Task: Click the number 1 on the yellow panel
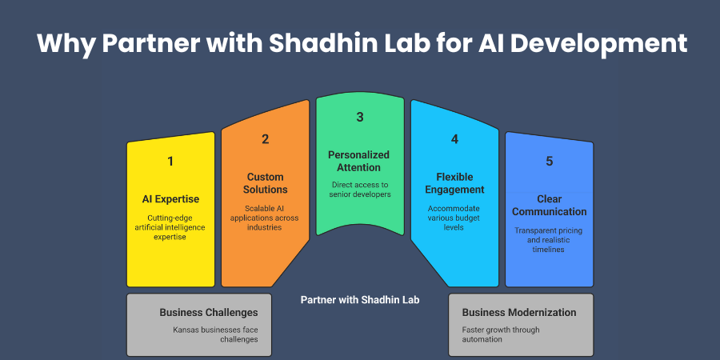[x=170, y=161]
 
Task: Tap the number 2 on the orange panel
[x=266, y=138]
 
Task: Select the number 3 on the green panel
[x=360, y=117]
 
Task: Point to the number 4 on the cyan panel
[x=454, y=138]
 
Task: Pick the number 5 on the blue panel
[x=549, y=161]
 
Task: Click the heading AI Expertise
[x=170, y=198]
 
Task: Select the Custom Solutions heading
[x=266, y=183]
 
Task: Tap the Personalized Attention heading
[x=360, y=161]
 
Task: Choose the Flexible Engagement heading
[x=454, y=183]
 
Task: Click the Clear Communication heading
[x=549, y=205]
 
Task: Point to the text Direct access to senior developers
[x=360, y=189]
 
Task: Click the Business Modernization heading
[x=519, y=312]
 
